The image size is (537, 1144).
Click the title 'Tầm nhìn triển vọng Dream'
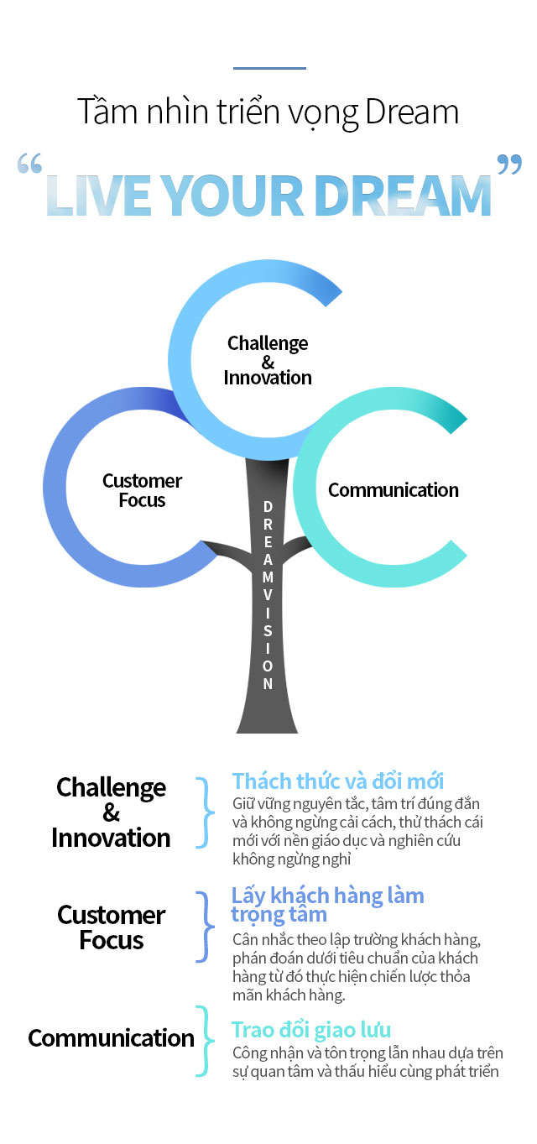[x=268, y=112]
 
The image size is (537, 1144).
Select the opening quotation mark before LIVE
[x=29, y=165]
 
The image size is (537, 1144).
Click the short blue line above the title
[x=268, y=68]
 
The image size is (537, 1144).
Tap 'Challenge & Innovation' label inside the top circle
[x=268, y=360]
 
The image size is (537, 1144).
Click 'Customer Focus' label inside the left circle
[x=142, y=490]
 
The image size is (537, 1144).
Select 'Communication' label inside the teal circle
[x=393, y=490]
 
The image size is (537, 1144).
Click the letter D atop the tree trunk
[x=268, y=506]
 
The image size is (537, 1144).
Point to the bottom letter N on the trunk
[x=268, y=683]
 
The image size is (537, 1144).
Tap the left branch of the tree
[x=227, y=550]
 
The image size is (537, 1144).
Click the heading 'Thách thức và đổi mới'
[x=338, y=781]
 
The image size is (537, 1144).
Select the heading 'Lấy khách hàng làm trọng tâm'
[x=327, y=904]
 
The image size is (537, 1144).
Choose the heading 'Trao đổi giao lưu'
[x=311, y=1029]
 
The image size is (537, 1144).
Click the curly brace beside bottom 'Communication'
[x=203, y=1041]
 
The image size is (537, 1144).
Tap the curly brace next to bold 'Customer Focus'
[x=203, y=927]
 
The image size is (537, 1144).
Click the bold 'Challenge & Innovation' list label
[x=111, y=812]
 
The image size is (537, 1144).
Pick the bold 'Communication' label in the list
[x=111, y=1038]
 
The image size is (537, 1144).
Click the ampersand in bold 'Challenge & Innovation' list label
[x=111, y=812]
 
